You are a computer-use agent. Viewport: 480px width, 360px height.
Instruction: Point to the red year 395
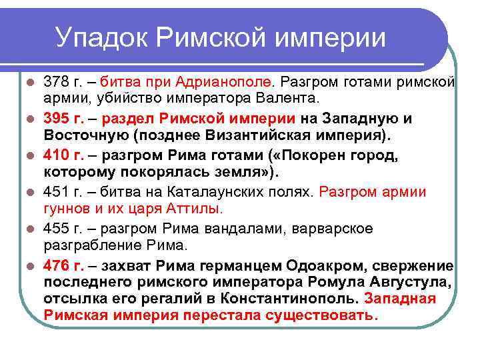point(55,119)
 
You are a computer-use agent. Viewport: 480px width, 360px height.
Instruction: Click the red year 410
point(55,155)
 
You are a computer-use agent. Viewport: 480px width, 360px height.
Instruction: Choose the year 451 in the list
point(55,192)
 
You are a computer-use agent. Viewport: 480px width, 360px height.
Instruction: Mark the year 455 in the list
point(55,229)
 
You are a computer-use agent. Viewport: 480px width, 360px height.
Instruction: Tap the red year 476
point(55,265)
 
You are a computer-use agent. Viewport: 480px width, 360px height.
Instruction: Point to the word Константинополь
point(291,299)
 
